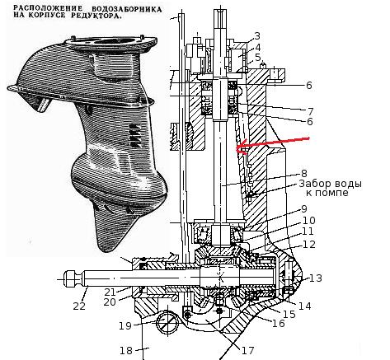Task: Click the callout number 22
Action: coord(79,306)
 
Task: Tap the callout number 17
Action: coord(247,350)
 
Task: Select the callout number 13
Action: coord(316,278)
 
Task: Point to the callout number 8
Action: coord(304,174)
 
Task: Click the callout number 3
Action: coord(257,36)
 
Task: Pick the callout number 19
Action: coord(125,326)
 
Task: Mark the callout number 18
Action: coord(126,351)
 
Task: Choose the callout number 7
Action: coord(311,112)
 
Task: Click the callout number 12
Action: coord(309,244)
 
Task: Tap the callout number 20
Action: coord(110,302)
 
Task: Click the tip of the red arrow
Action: coord(237,148)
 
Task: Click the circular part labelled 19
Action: coord(167,322)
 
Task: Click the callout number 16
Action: coord(279,323)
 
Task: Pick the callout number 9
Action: coord(304,209)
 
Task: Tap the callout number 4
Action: coord(257,47)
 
